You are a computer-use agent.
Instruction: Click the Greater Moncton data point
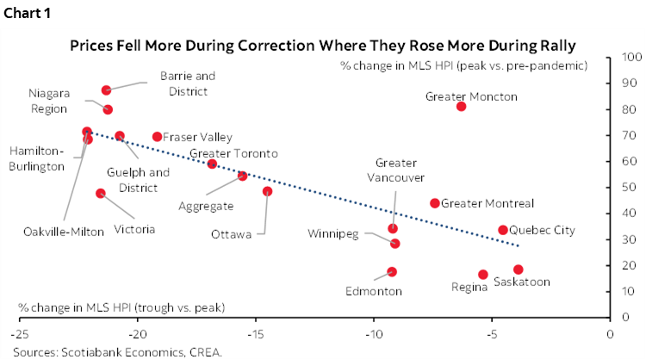tap(461, 106)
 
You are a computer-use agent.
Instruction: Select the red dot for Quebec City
tap(503, 230)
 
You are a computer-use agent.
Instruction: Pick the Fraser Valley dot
tap(157, 137)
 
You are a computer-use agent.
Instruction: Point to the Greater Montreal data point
tap(435, 203)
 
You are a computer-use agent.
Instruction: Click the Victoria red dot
tap(101, 194)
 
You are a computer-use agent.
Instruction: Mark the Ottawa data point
tap(267, 191)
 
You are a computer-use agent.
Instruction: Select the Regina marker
tap(483, 275)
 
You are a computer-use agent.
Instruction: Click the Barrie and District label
tap(188, 82)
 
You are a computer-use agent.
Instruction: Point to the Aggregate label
tap(206, 207)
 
